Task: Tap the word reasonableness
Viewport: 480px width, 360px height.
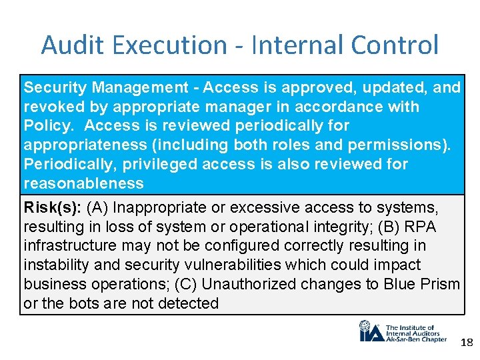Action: [x=84, y=183]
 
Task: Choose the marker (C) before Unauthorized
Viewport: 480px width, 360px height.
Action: [x=186, y=284]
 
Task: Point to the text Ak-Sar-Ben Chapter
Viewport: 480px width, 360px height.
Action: [x=416, y=339]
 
